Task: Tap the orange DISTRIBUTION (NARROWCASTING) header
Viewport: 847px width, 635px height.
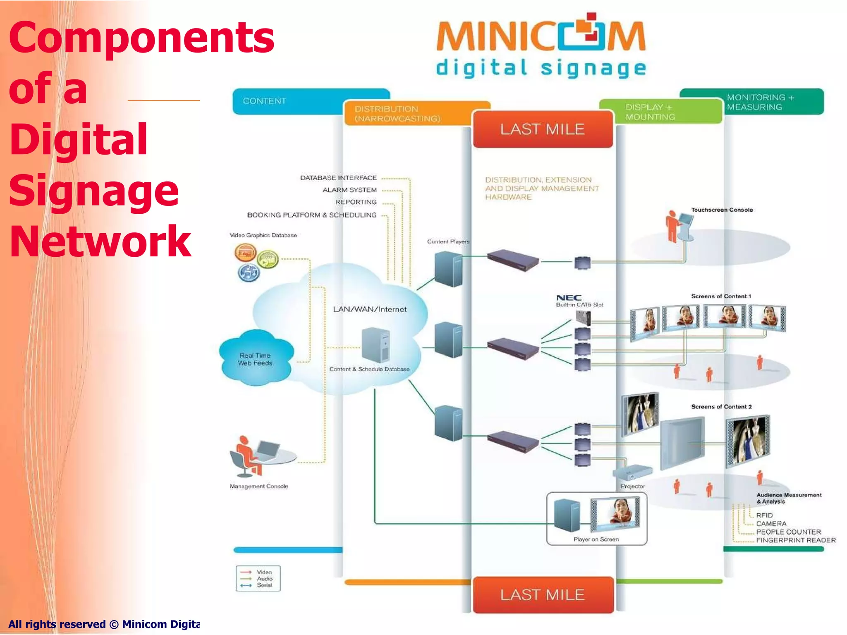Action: click(x=397, y=114)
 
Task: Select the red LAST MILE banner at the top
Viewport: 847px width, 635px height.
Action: click(x=542, y=129)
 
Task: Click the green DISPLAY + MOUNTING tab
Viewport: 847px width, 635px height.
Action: click(x=650, y=112)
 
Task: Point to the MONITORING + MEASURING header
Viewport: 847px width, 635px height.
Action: click(x=760, y=102)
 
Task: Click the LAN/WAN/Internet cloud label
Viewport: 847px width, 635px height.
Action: click(x=370, y=309)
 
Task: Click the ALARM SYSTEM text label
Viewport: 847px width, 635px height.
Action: click(x=349, y=190)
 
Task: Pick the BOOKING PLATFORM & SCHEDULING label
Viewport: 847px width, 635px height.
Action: click(x=312, y=215)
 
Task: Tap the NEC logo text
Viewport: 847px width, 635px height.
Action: click(x=569, y=298)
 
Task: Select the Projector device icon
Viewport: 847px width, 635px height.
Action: click(x=632, y=472)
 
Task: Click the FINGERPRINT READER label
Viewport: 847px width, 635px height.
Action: click(x=796, y=540)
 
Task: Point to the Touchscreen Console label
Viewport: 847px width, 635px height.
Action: click(x=722, y=210)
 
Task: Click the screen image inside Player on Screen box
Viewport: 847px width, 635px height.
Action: click(x=615, y=514)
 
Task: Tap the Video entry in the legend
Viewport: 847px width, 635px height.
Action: click(x=264, y=572)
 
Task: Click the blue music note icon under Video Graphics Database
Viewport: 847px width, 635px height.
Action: click(x=249, y=273)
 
